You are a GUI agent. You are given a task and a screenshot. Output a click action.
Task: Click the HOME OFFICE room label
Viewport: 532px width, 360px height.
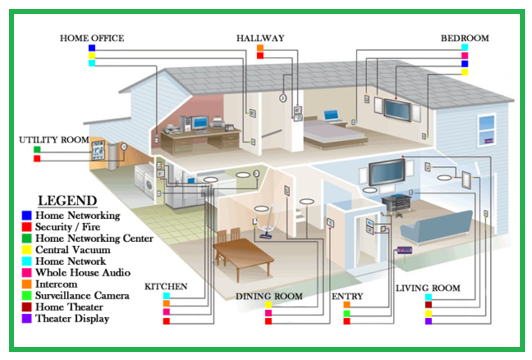click(x=92, y=38)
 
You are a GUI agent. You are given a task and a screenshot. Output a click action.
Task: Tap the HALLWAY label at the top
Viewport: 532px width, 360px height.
click(x=260, y=38)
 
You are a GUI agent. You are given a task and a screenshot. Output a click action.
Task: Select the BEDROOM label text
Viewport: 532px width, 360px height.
click(x=465, y=38)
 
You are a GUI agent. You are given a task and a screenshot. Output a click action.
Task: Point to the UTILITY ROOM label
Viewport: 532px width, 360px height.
click(x=54, y=140)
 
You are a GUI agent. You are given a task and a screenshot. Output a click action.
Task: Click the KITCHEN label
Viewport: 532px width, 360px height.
click(x=166, y=287)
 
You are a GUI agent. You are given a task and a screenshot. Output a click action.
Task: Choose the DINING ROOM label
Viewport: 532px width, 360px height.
click(x=269, y=297)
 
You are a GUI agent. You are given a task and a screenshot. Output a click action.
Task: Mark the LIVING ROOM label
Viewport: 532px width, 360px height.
click(x=427, y=288)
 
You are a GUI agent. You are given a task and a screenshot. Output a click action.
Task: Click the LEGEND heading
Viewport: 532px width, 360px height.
click(x=66, y=200)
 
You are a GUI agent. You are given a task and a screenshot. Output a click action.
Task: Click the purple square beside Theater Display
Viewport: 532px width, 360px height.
click(x=24, y=319)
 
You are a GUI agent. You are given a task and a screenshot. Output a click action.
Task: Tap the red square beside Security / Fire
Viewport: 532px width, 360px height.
click(x=24, y=226)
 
